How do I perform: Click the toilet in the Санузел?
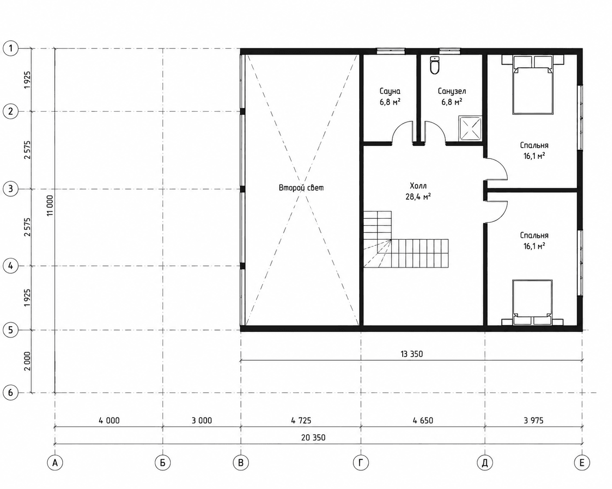pyautogui.click(x=435, y=65)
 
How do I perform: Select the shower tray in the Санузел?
pyautogui.click(x=470, y=128)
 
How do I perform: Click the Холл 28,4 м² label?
pyautogui.click(x=418, y=191)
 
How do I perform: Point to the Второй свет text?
pyautogui.click(x=301, y=188)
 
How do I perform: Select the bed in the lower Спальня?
pyautogui.click(x=532, y=302)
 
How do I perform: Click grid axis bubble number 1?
pyautogui.click(x=10, y=48)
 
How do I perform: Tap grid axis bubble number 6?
pyautogui.click(x=10, y=393)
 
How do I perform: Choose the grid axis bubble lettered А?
pyautogui.click(x=55, y=463)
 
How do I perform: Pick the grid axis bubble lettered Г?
pyautogui.click(x=361, y=463)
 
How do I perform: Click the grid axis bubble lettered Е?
pyautogui.click(x=582, y=463)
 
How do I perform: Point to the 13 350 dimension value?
pyautogui.click(x=411, y=354)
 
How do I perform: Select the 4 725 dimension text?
pyautogui.click(x=301, y=420)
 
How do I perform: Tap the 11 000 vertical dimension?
pyautogui.click(x=50, y=205)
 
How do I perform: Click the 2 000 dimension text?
pyautogui.click(x=27, y=361)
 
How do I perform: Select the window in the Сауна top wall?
pyautogui.click(x=391, y=51)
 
